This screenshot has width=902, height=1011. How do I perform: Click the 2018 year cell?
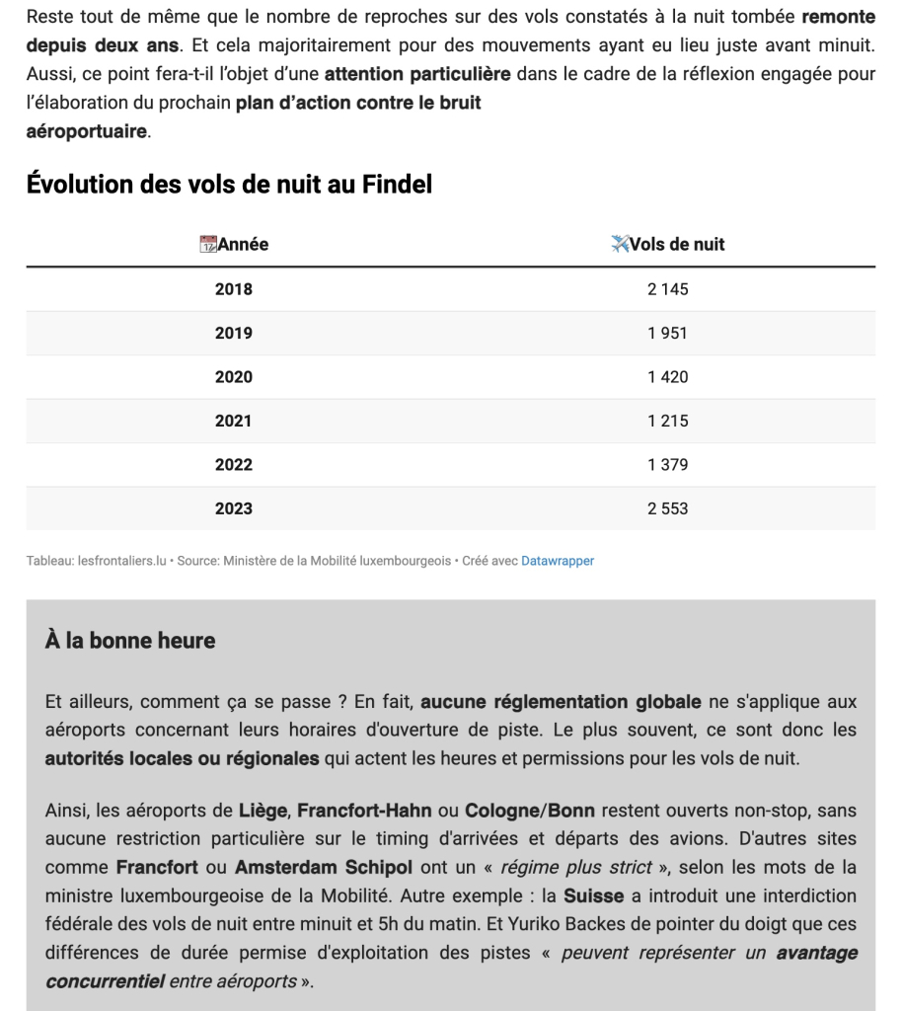pos(234,289)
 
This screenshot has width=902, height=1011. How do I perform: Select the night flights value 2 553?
pos(668,508)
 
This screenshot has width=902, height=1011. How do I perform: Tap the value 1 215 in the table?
pos(668,421)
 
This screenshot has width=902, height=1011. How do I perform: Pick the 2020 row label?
pos(234,377)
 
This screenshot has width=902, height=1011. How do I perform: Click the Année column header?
pos(243,245)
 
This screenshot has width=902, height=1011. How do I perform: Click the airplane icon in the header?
pos(620,244)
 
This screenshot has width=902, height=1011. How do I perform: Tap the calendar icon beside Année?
pos(208,245)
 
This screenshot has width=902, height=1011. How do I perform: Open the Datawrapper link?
pos(558,561)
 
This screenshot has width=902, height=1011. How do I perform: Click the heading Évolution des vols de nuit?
pos(229,185)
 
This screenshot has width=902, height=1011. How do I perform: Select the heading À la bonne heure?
pos(130,641)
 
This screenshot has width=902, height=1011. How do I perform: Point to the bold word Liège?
pos(263,812)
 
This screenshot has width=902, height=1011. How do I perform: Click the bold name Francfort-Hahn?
pos(364,812)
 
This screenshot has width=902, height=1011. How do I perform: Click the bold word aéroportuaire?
pos(87,131)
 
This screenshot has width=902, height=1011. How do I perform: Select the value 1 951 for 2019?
pos(668,334)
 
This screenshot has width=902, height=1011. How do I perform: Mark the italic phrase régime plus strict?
pos(575,869)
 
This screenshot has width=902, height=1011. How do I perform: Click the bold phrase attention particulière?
pos(417,74)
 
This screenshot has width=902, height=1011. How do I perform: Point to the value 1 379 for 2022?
pos(668,465)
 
